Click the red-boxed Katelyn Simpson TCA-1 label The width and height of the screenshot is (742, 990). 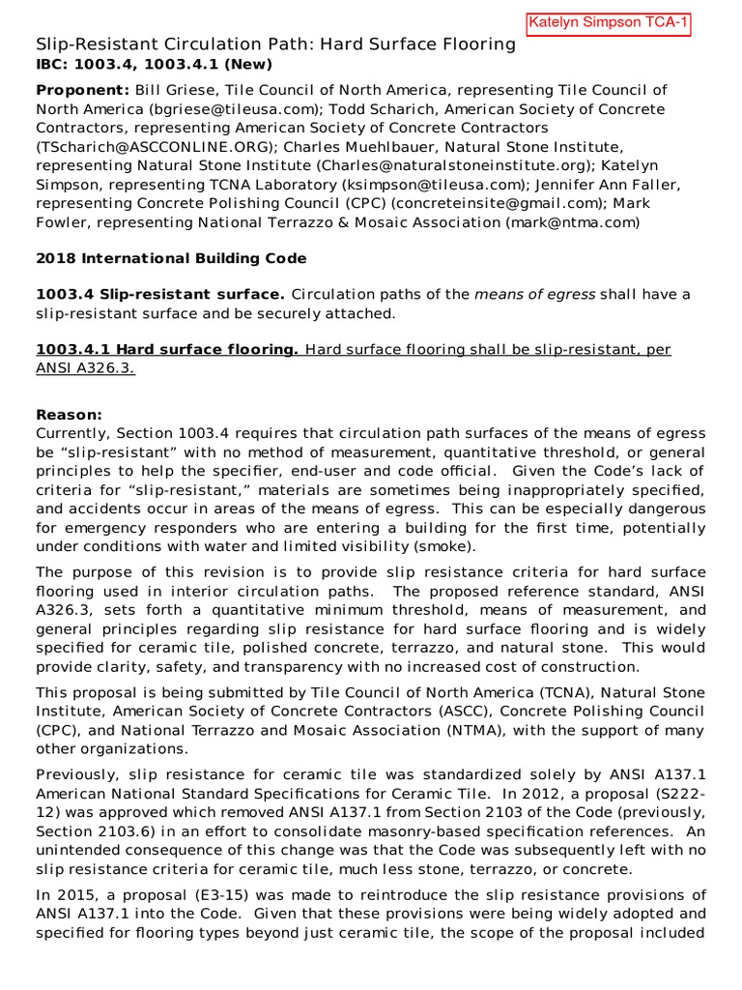pos(609,23)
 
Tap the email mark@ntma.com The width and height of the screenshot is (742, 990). pos(573,222)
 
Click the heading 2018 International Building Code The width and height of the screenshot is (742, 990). pos(171,258)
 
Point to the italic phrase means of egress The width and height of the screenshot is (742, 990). pos(534,294)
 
